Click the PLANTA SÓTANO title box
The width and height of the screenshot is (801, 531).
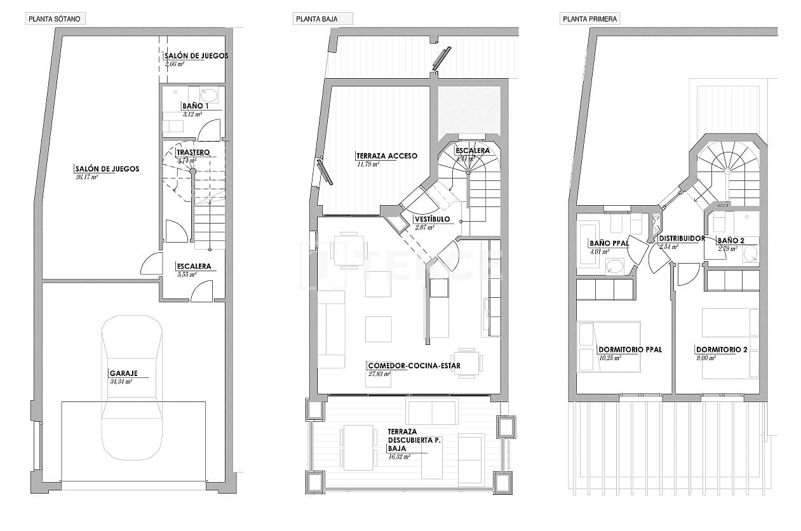tap(55, 19)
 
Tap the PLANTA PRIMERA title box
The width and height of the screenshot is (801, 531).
tap(589, 19)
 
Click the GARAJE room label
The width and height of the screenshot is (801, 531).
tap(123, 373)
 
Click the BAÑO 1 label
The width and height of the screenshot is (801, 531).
tap(192, 105)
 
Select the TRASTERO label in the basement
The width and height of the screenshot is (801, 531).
tap(192, 152)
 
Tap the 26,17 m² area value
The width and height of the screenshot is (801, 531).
tap(86, 177)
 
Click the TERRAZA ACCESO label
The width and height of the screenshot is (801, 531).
tap(386, 156)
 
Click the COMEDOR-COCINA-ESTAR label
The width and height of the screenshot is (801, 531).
tap(414, 366)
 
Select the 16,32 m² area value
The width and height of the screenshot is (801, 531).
tap(399, 456)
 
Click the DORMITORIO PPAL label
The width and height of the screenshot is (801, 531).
tap(630, 349)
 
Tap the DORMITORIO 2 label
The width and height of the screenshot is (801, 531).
tap(721, 349)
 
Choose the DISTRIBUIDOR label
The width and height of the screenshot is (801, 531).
tap(682, 239)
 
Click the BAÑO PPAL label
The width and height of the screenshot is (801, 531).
tap(609, 243)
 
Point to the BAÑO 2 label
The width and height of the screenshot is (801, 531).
tap(730, 241)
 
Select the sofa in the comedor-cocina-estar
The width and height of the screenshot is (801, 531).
tap(330, 329)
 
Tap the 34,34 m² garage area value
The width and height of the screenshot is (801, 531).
tap(121, 382)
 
